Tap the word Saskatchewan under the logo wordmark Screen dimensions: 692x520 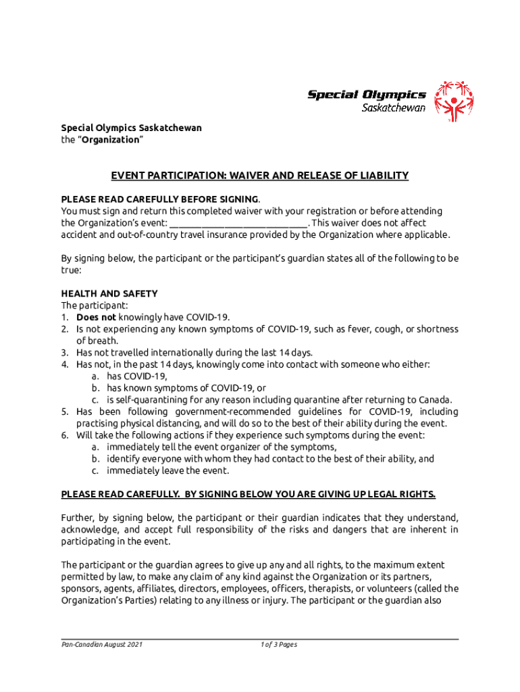point(394,107)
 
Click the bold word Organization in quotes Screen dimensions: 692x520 point(111,140)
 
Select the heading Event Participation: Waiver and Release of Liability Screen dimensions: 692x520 point(260,176)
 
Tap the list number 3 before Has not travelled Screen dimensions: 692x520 point(64,353)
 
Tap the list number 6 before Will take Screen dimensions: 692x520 point(64,435)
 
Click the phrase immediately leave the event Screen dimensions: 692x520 point(167,470)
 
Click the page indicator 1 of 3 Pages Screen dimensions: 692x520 point(279,645)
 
